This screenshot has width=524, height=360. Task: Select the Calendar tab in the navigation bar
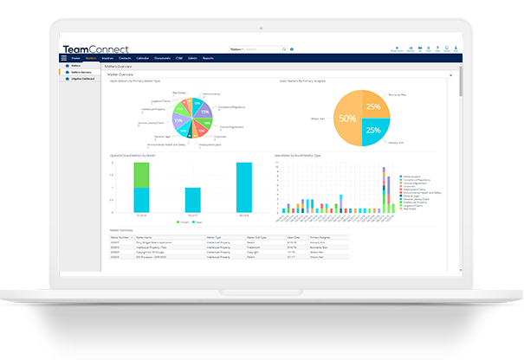tap(143, 58)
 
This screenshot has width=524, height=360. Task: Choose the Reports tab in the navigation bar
tap(208, 58)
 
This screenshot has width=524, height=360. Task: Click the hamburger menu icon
tap(64, 58)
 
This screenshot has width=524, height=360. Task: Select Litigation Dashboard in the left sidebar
tap(83, 80)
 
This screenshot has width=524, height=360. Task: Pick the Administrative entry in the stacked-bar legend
tap(413, 162)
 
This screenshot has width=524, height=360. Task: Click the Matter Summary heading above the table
tap(120, 229)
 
